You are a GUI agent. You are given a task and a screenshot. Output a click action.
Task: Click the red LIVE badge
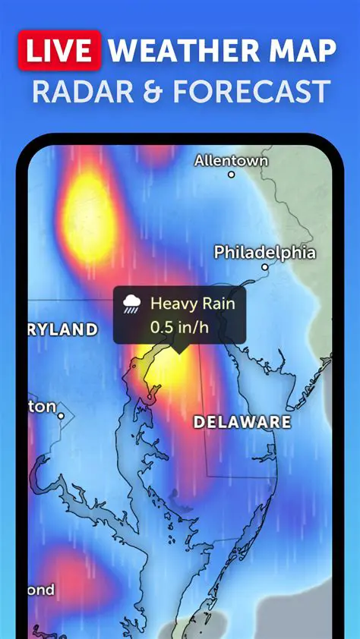pyautogui.click(x=59, y=51)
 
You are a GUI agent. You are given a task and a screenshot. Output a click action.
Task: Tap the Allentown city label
pyautogui.click(x=231, y=160)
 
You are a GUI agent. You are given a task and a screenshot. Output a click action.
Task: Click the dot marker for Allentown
pyautogui.click(x=232, y=175)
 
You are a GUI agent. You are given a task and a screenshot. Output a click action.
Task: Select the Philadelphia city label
pyautogui.click(x=264, y=252)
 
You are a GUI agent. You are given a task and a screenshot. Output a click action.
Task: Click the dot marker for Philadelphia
pyautogui.click(x=265, y=267)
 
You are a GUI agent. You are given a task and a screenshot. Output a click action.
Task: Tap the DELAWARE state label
pyautogui.click(x=242, y=422)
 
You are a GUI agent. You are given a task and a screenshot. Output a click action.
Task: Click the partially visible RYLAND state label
pyautogui.click(x=64, y=329)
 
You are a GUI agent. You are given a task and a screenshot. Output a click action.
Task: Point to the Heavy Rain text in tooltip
pyautogui.click(x=192, y=304)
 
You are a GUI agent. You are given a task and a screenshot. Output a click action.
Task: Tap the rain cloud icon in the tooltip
pyautogui.click(x=132, y=304)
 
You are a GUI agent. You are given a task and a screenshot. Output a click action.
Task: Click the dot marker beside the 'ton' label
pyautogui.click(x=62, y=415)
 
